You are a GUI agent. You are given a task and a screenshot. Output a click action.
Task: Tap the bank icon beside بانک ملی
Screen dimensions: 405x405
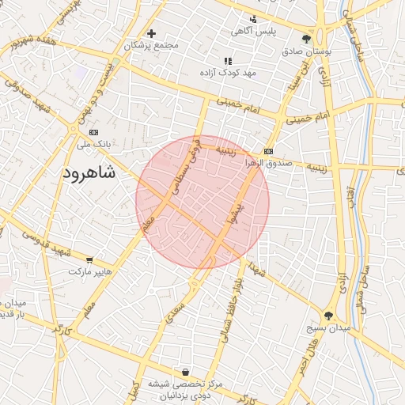click(x=94, y=132)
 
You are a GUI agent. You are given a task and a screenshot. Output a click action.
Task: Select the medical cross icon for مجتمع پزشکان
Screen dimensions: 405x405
click(x=151, y=33)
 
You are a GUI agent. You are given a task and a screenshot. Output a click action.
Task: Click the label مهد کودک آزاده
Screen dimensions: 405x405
click(x=230, y=73)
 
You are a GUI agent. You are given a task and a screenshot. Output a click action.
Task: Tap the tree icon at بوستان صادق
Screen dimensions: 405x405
click(x=306, y=38)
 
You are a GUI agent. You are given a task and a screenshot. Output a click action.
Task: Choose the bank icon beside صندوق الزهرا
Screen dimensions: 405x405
click(x=268, y=151)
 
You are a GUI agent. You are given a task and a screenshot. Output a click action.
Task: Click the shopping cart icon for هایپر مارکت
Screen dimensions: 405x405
click(x=89, y=259)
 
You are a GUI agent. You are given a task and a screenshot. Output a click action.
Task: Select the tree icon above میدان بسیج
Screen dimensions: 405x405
click(x=328, y=316)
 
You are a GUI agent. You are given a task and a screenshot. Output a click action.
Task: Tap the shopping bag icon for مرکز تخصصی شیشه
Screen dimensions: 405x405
click(x=185, y=372)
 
